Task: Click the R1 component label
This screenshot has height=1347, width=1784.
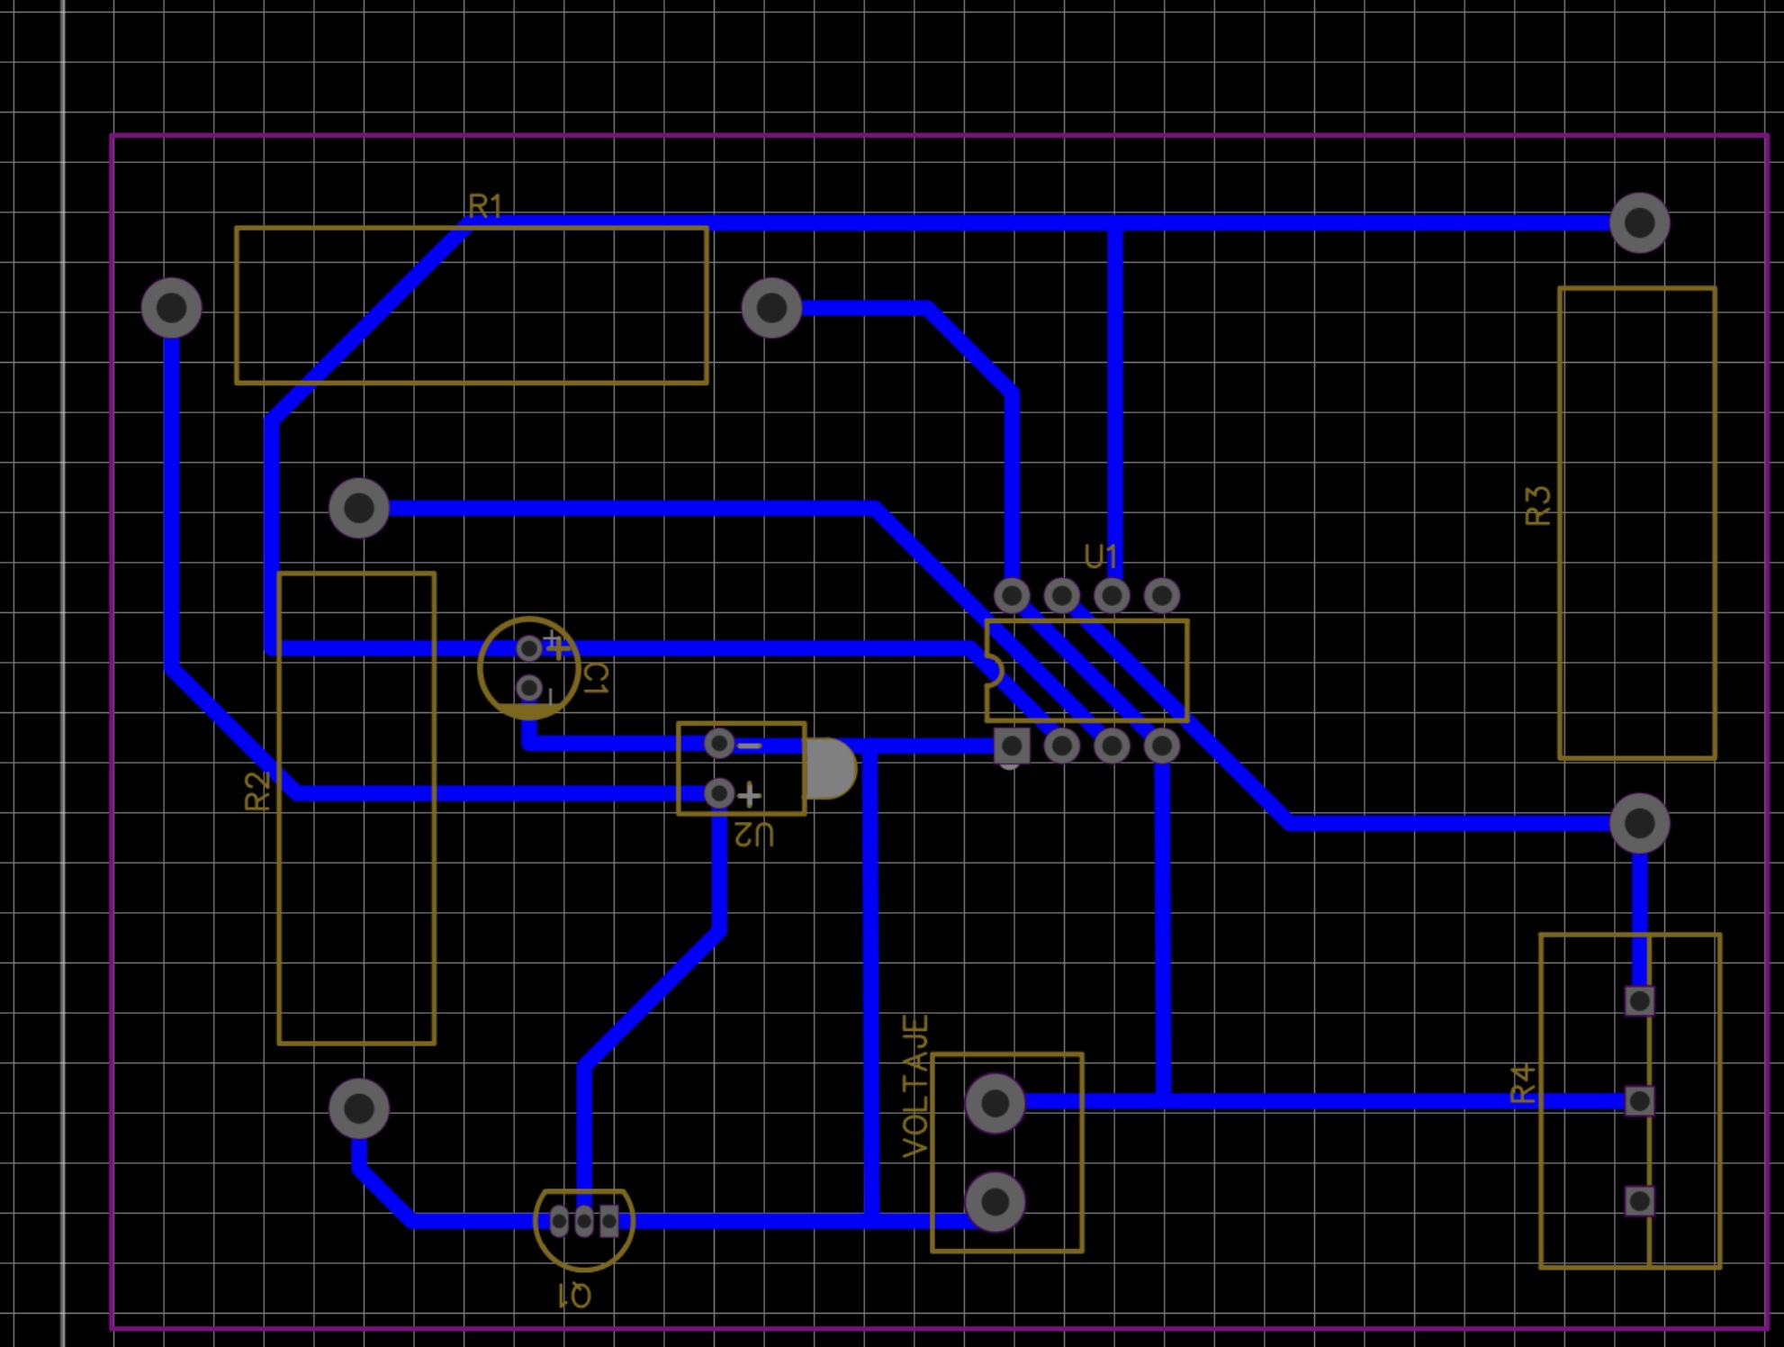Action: (484, 206)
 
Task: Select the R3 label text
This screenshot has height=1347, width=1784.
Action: (1538, 505)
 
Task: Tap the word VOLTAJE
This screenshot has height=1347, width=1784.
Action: (915, 1086)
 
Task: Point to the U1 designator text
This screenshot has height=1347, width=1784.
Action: (1101, 556)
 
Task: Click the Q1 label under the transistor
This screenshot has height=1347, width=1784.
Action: (574, 1296)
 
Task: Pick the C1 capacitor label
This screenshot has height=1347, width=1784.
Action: (595, 678)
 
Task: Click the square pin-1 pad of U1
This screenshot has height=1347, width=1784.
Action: (1012, 746)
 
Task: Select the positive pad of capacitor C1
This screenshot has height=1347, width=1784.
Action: (529, 648)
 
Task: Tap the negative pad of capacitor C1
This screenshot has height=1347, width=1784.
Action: (529, 690)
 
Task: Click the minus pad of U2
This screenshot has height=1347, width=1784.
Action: (719, 744)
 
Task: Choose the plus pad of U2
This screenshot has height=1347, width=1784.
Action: (719, 793)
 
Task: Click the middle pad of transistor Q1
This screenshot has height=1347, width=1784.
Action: (584, 1221)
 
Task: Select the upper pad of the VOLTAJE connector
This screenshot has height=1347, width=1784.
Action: (995, 1102)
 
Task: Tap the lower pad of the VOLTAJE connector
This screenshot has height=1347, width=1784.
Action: (995, 1201)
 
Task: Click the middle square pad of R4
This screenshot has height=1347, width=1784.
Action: (1639, 1100)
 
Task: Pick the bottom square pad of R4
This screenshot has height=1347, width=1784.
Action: (1639, 1200)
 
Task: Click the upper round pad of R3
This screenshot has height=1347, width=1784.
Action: (1639, 222)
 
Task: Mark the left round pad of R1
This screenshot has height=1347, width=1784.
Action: (171, 308)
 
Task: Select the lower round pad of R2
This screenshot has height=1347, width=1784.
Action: (359, 1108)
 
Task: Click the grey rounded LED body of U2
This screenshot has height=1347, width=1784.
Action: (829, 769)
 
